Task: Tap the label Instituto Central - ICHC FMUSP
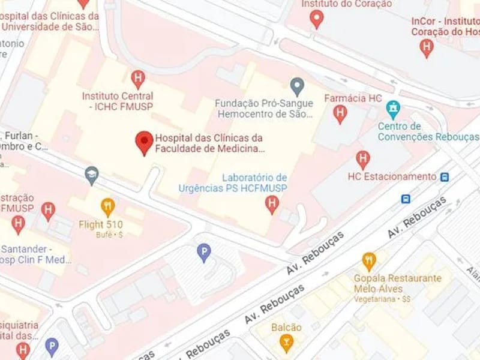pos(118,101)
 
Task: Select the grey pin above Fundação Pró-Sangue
pos(296,85)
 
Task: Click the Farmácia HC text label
pos(353,98)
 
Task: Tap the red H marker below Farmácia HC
pos(341,113)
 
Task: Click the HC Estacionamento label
pos(392,176)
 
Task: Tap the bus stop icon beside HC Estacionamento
pos(445,176)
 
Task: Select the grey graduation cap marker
pos(91,175)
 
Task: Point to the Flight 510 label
pos(101,225)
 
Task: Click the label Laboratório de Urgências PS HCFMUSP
pos(233,183)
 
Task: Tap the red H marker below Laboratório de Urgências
pos(272,204)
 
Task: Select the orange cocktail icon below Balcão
pos(286,343)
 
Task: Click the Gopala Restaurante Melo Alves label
pos(406,283)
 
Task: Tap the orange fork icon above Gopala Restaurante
pos(369,260)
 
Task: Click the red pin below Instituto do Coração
pos(316,19)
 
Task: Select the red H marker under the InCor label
pos(427,47)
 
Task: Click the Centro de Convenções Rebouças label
pos(428,131)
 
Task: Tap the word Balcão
pos(286,328)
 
